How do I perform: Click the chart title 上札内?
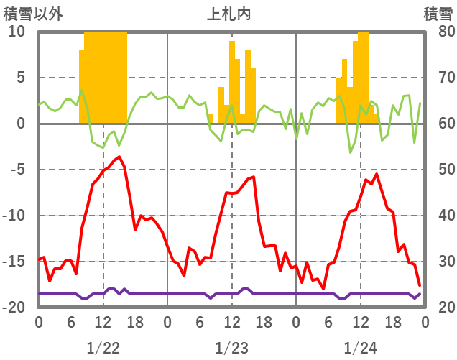(229, 14)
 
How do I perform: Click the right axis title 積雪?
(438, 14)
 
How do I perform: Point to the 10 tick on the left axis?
(17, 32)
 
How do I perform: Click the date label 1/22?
(103, 348)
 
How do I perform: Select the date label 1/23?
(231, 348)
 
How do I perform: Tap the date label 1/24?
(360, 348)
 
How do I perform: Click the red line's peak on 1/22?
(119, 157)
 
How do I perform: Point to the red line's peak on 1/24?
(376, 174)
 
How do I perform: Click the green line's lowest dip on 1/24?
(351, 152)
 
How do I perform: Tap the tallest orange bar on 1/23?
(232, 79)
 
